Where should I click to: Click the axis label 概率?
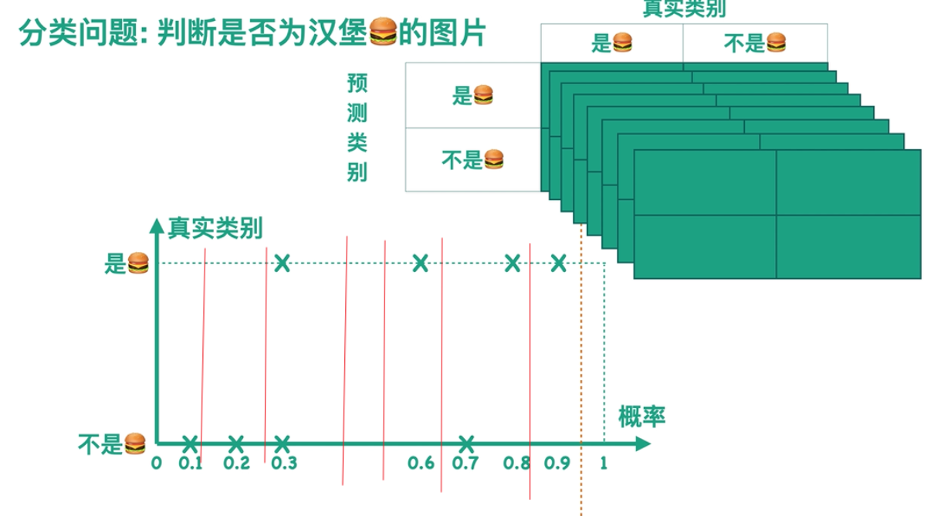[x=641, y=417]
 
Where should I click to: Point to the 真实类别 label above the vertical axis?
[x=215, y=228]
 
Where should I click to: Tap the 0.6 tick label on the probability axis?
[x=421, y=464]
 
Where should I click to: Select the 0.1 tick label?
[x=191, y=464]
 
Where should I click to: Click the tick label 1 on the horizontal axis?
[x=604, y=464]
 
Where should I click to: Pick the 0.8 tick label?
[x=516, y=464]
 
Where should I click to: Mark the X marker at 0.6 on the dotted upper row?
[x=420, y=263]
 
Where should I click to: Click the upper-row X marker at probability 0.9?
[x=559, y=263]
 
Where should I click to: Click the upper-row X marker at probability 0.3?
[x=283, y=263]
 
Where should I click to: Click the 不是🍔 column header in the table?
[x=755, y=43]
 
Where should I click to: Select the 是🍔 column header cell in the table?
[x=611, y=43]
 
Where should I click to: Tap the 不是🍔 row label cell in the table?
[x=472, y=160]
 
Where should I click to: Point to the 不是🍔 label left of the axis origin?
[x=113, y=444]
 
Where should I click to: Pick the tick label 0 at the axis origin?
[x=157, y=464]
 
